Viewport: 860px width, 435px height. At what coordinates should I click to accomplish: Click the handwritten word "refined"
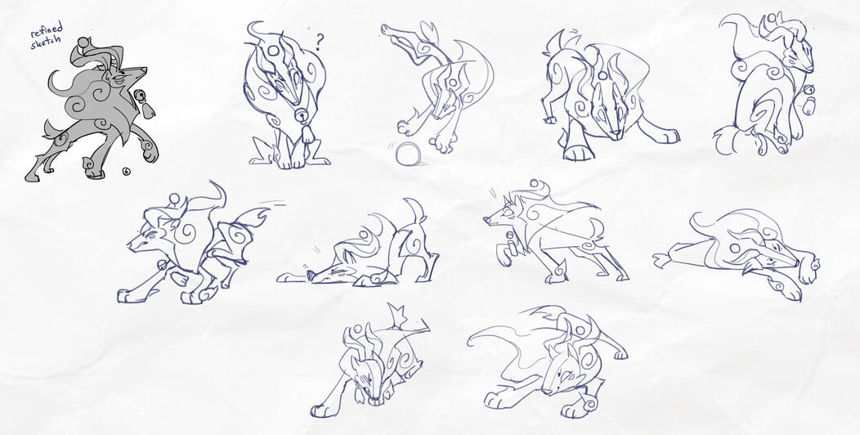(x=46, y=32)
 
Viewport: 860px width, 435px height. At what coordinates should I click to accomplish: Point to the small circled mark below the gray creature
(x=126, y=171)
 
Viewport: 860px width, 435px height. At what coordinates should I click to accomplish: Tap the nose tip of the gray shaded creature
(x=146, y=71)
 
